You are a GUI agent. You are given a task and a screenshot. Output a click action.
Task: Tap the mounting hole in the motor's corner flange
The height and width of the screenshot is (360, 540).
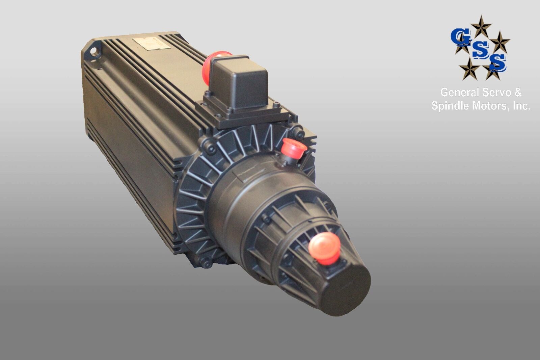tap(93, 51)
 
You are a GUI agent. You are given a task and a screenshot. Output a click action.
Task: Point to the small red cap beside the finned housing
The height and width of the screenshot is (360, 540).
tap(293, 148)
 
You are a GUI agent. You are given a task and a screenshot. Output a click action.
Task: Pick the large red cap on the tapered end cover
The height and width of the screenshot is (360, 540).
tap(325, 248)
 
